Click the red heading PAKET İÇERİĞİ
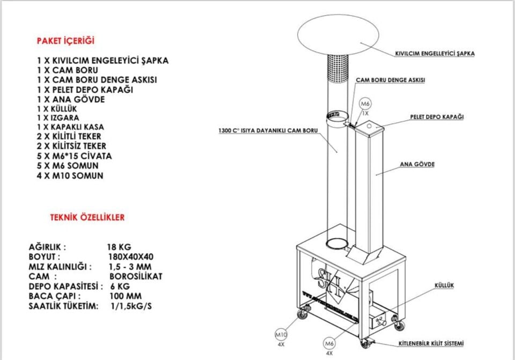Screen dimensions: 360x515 66,41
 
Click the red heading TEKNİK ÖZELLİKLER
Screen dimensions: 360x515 87,218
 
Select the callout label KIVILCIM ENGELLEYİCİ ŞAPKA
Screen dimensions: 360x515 435,54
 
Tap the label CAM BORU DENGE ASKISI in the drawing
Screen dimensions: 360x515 391,80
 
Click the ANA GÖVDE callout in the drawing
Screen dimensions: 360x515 417,164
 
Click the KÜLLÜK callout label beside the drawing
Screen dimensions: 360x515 444,285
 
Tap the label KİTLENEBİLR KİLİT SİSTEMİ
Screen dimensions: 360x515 431,343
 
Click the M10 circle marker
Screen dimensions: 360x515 281,334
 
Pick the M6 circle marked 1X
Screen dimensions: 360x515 365,104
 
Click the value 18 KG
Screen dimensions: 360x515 119,247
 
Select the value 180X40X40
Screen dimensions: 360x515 131,257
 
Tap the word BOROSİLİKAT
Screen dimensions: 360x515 135,276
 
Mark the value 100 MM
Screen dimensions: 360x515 127,296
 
